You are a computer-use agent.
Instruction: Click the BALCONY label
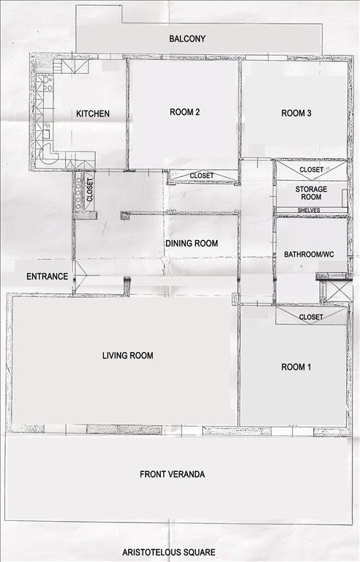click(x=187, y=39)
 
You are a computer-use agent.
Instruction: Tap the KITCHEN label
click(x=93, y=113)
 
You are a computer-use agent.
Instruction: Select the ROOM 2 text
click(x=184, y=112)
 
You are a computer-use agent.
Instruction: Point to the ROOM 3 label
click(x=296, y=113)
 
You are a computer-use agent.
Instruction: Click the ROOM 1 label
click(x=296, y=367)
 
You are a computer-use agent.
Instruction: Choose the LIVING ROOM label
click(x=127, y=356)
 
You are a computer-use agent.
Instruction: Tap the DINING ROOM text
click(x=192, y=244)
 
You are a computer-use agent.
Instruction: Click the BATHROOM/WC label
click(x=309, y=255)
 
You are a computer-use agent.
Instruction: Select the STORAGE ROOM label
click(x=311, y=193)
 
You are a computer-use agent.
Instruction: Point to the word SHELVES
click(x=309, y=210)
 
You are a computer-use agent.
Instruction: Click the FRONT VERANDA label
click(x=172, y=474)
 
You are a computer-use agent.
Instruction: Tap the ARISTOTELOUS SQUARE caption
click(x=169, y=552)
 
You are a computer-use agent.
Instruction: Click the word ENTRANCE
click(x=48, y=277)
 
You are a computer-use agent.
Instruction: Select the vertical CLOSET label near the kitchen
click(x=90, y=190)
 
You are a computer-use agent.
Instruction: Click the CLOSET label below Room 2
click(x=201, y=176)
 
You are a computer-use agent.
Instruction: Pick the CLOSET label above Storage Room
click(x=311, y=169)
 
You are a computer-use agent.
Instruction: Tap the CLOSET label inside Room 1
click(x=311, y=317)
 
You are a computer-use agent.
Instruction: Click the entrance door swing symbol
click(x=80, y=276)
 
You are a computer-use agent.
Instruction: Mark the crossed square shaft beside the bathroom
click(x=340, y=291)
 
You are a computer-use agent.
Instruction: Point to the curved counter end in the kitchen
click(x=49, y=156)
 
